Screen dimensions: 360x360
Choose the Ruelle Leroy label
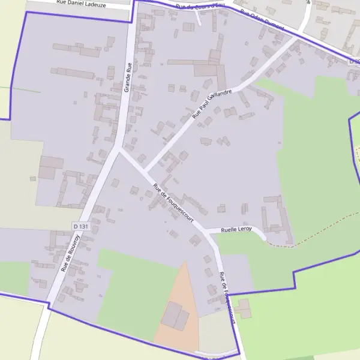236,229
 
